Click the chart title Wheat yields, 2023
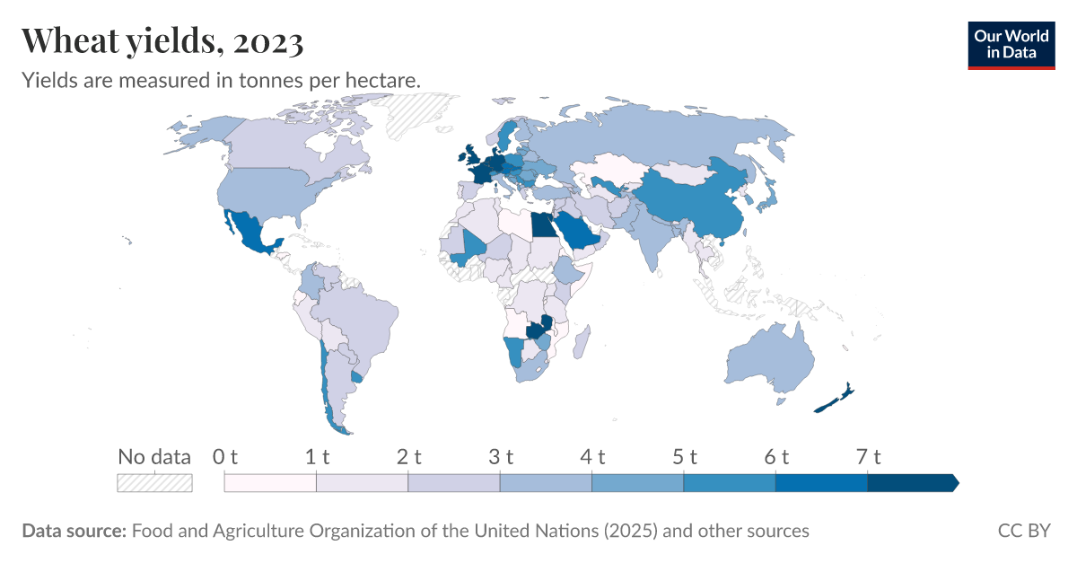162,40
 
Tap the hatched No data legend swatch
155,483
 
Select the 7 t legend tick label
867,456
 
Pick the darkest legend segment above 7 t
911,483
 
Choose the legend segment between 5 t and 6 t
729,483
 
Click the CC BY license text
1023,531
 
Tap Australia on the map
767,359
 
